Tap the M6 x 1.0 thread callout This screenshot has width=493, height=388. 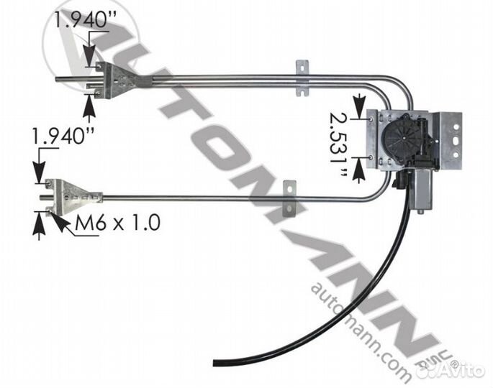[x=117, y=223]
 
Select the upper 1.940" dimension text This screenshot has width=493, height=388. [x=86, y=19]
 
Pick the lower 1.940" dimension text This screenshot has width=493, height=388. [x=63, y=137]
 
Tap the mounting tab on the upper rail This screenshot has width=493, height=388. [x=302, y=78]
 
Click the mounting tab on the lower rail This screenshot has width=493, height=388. [x=289, y=198]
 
